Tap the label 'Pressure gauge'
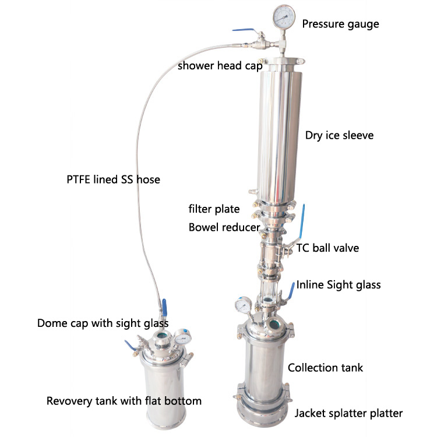click(x=340, y=24)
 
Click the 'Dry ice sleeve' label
click(x=339, y=135)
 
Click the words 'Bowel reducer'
click(x=223, y=227)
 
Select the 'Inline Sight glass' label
click(x=338, y=284)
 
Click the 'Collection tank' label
click(x=326, y=367)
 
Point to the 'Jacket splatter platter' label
click(x=348, y=413)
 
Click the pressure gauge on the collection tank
click(x=243, y=305)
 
